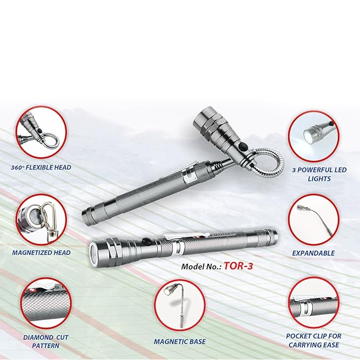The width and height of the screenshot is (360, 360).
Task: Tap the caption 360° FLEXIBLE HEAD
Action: pyautogui.click(x=41, y=168)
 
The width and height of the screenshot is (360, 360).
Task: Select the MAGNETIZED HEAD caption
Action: pyautogui.click(x=41, y=253)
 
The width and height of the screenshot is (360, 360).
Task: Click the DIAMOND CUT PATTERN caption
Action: pyautogui.click(x=41, y=340)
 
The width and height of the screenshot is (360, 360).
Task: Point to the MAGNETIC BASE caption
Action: pyautogui.click(x=180, y=341)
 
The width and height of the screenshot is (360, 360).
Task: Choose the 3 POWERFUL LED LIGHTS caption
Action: pyautogui.click(x=313, y=174)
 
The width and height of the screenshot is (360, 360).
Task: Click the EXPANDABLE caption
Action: pyautogui.click(x=313, y=253)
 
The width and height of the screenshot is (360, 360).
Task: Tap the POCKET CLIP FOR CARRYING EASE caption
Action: pyautogui.click(x=313, y=340)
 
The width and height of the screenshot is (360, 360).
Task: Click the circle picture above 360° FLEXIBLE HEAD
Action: pyautogui.click(x=41, y=131)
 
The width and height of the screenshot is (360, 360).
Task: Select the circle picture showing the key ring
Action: pyautogui.click(x=41, y=218)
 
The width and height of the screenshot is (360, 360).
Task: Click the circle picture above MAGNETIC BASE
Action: pyautogui.click(x=180, y=305)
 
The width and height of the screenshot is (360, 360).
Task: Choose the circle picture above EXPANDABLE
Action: pyautogui.click(x=313, y=219)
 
